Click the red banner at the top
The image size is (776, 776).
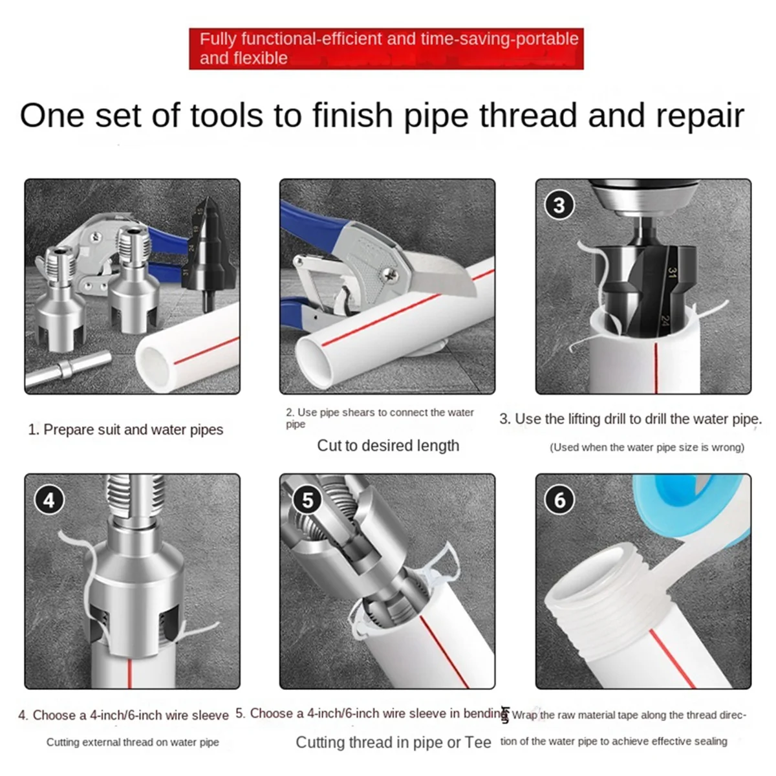pyautogui.click(x=386, y=48)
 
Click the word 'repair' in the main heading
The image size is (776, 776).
pyautogui.click(x=700, y=116)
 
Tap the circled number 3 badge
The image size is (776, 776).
pyautogui.click(x=559, y=205)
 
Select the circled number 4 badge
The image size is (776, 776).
pyautogui.click(x=49, y=499)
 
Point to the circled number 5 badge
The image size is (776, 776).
pyautogui.click(x=307, y=499)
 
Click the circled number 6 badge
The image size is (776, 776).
pyautogui.click(x=559, y=499)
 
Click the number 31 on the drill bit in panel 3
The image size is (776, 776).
pyautogui.click(x=673, y=274)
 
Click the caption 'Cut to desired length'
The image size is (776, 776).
pyautogui.click(x=388, y=446)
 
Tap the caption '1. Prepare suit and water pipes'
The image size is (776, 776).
pyautogui.click(x=125, y=429)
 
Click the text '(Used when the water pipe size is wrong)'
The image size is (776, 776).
pyautogui.click(x=647, y=447)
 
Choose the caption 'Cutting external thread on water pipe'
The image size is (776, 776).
pyautogui.click(x=133, y=742)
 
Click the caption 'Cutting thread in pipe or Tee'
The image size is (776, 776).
pyautogui.click(x=393, y=742)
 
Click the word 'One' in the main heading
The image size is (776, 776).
pyautogui.click(x=52, y=116)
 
